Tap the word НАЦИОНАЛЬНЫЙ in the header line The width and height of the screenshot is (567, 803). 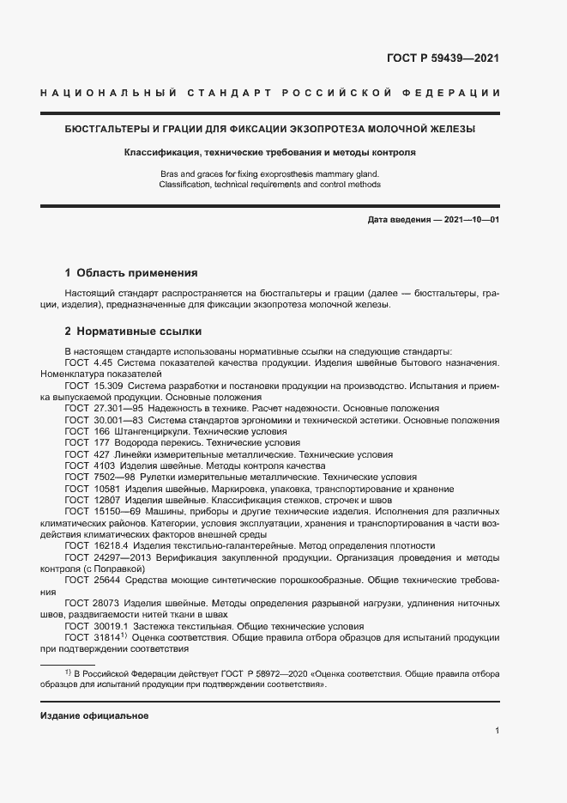(109, 93)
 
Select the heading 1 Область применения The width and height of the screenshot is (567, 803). (131, 273)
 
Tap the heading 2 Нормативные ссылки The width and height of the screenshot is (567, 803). (133, 331)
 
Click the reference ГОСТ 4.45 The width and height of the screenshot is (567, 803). (88, 363)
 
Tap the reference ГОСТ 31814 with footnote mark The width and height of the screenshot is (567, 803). (94, 638)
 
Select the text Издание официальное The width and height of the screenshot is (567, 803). (94, 715)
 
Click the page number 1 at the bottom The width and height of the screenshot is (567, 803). (497, 731)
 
